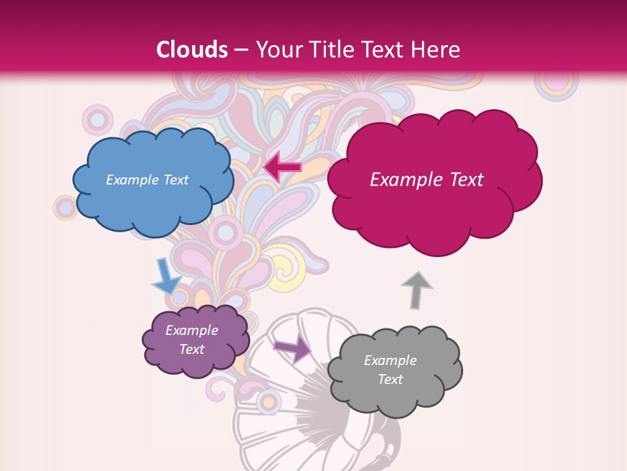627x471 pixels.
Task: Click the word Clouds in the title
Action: [191, 50]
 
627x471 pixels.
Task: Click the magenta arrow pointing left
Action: [282, 167]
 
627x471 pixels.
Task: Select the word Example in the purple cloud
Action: [192, 330]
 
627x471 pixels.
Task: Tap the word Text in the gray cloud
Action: [391, 379]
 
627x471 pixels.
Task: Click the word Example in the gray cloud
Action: [391, 360]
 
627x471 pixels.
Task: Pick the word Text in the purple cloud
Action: [192, 349]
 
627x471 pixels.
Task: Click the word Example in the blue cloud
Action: [132, 180]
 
